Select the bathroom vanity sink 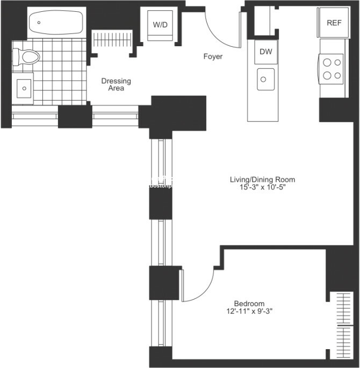pos(24,86)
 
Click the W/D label pos(160,25)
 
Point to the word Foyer pos(213,56)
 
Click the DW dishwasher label pos(265,52)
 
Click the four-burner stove pos(332,68)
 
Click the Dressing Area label pos(116,84)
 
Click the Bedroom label pos(249,303)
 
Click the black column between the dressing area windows pos(75,117)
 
